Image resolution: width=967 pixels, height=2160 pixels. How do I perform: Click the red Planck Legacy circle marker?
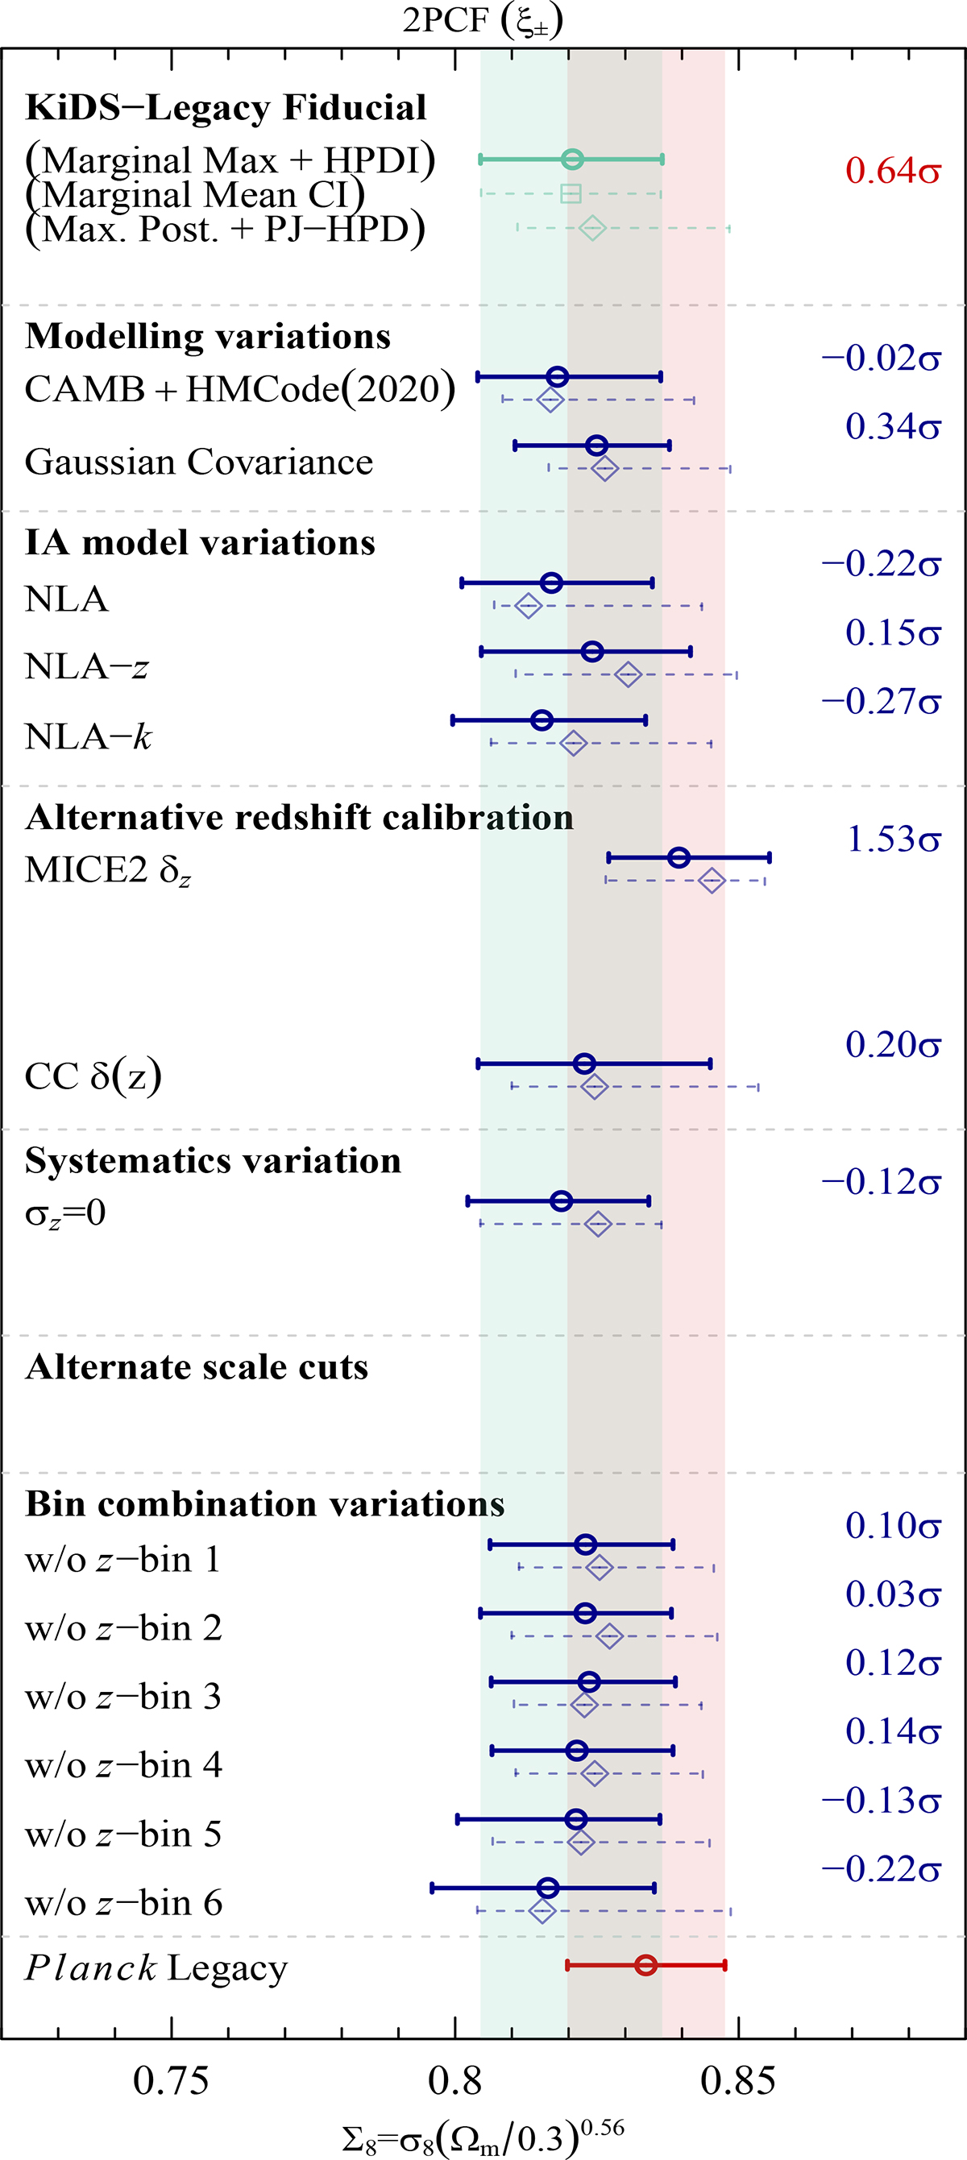[645, 1965]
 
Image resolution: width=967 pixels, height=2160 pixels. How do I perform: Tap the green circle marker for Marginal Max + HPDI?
[572, 160]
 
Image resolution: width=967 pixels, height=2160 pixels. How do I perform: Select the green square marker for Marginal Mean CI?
[571, 193]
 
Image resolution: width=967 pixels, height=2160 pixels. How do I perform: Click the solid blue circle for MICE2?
[679, 857]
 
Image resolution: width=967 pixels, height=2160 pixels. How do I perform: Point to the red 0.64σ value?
[892, 171]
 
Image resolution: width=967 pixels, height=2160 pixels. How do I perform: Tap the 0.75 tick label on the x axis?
[171, 2081]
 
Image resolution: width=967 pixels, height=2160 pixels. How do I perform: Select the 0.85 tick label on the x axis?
[738, 2081]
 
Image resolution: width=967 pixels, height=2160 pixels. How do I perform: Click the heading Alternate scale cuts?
[197, 1366]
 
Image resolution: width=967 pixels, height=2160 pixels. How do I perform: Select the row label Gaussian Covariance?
[199, 462]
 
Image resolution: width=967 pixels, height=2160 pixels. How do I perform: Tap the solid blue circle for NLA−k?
[542, 719]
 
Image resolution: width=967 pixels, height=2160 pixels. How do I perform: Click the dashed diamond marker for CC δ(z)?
[594, 1087]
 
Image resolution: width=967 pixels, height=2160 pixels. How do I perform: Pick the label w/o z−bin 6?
[124, 1904]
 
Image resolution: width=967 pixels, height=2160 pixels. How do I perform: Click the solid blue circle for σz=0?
[561, 1200]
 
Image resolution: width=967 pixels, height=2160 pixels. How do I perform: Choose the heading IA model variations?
[201, 542]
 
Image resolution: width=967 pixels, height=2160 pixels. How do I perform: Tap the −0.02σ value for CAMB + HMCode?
[882, 358]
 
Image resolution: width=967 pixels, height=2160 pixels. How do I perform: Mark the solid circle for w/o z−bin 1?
[585, 1544]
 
